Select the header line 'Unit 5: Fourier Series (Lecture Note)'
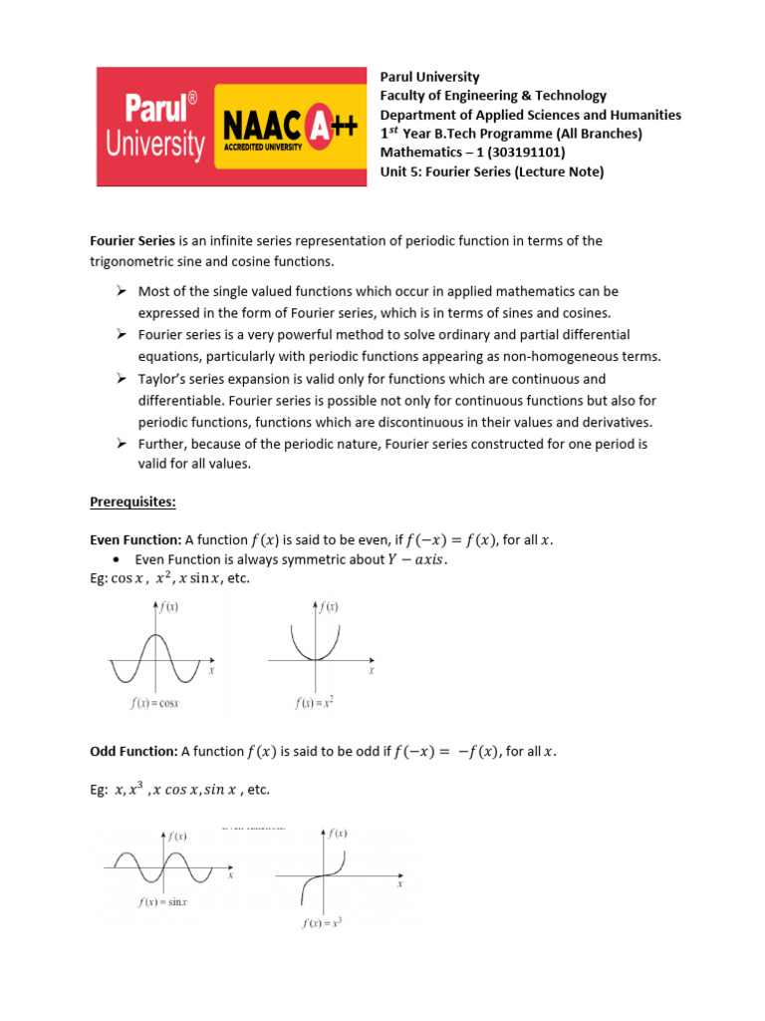coord(492,171)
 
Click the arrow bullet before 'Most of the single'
coord(121,291)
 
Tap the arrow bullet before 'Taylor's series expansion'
coord(121,379)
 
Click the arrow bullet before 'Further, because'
coord(121,443)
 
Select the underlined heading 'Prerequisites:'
coord(132,503)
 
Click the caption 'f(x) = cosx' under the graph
coord(154,703)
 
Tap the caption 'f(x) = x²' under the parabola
coord(314,703)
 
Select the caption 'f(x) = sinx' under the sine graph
coord(164,902)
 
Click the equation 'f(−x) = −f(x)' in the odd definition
coord(445,751)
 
